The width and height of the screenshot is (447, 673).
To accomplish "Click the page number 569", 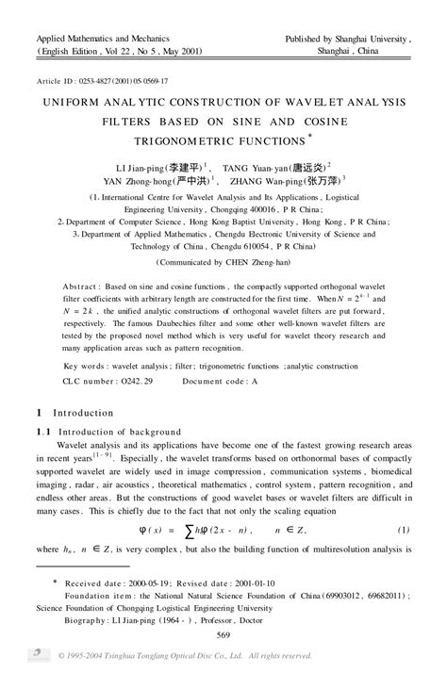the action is (224, 636).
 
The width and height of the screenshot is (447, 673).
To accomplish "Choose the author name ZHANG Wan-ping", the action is (288, 182).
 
